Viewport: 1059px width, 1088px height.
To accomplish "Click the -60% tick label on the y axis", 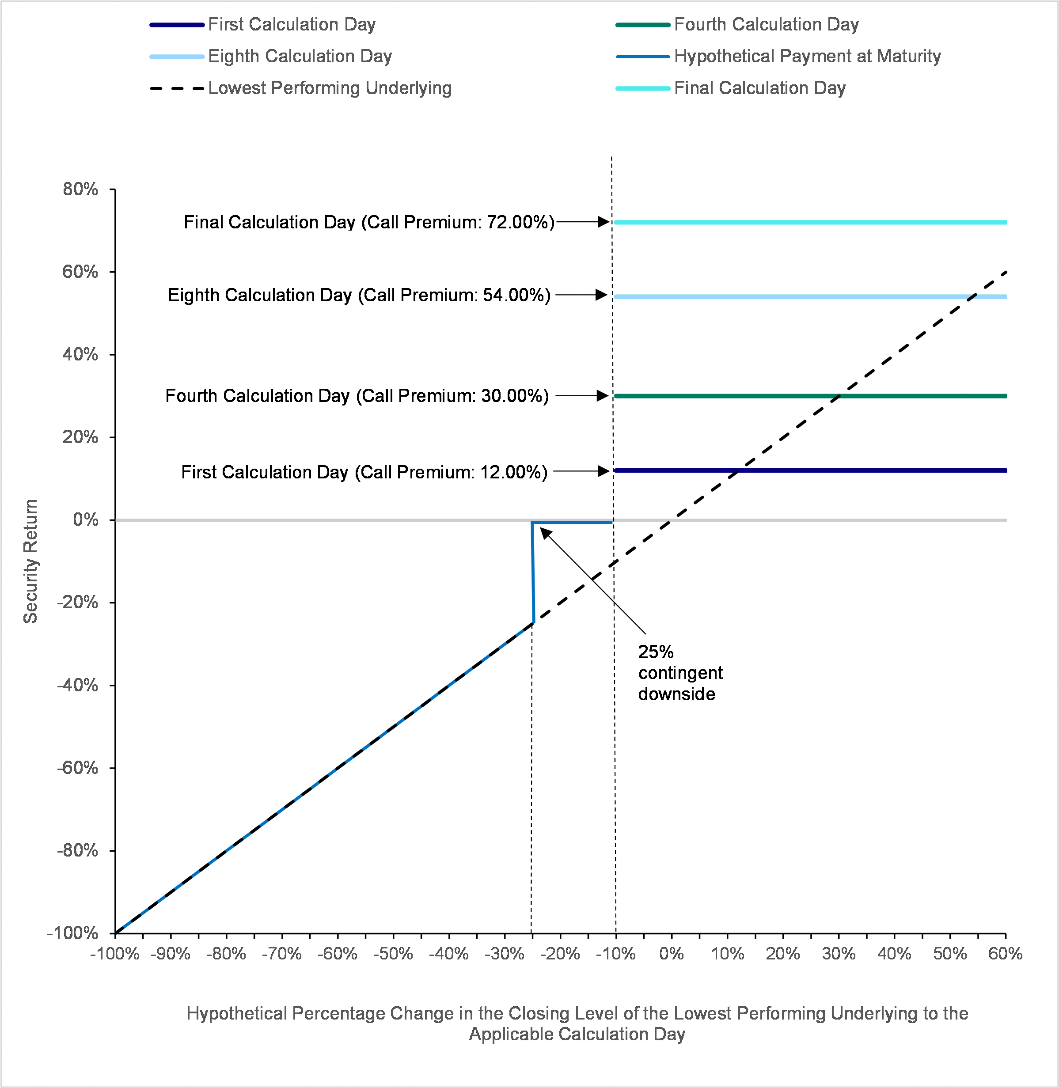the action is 78,768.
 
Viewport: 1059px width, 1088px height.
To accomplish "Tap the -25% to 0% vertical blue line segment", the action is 533,573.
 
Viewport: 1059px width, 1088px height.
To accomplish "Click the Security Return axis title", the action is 30,561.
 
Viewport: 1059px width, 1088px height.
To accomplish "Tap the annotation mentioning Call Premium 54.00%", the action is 359,295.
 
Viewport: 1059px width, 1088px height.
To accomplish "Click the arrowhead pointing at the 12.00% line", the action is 604,471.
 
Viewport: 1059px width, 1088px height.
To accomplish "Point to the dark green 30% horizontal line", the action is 810,396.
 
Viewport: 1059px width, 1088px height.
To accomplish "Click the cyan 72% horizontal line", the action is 810,223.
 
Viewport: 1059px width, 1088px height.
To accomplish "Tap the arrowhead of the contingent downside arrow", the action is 546,534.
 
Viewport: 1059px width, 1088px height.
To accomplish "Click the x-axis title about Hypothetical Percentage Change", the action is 577,1024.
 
